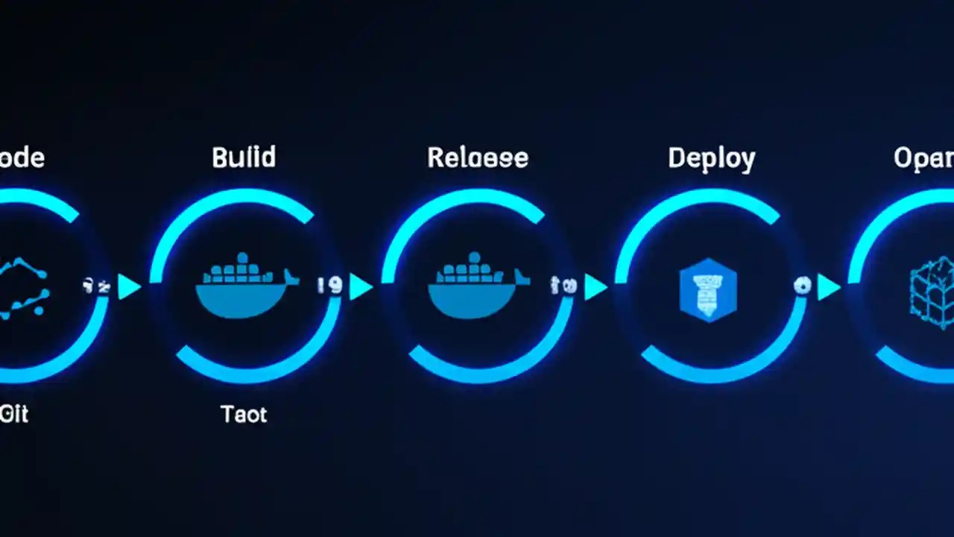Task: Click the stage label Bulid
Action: (x=244, y=157)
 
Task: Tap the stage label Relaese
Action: (x=478, y=158)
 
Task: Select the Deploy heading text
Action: (x=711, y=158)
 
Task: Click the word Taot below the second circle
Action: (x=244, y=414)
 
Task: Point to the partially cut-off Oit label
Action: (x=14, y=414)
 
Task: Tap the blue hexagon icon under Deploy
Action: (x=708, y=289)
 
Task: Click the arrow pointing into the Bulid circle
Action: (x=130, y=287)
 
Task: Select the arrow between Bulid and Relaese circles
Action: (x=361, y=287)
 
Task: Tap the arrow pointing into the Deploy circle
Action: (x=595, y=287)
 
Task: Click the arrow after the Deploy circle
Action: (x=828, y=287)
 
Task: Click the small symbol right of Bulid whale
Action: (x=329, y=286)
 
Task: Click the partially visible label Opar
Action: (x=924, y=158)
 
